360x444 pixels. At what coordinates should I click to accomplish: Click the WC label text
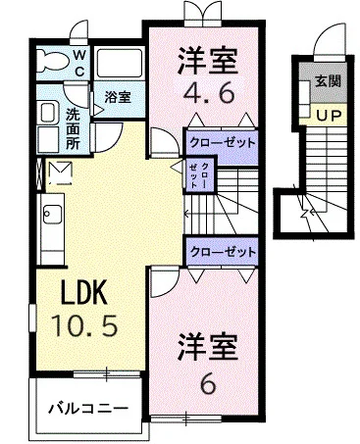click(79, 63)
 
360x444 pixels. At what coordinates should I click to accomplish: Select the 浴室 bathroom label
click(118, 97)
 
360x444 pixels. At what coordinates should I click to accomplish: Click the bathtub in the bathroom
click(120, 64)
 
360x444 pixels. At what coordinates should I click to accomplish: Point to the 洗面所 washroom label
click(73, 128)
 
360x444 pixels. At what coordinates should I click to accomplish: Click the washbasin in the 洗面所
click(48, 113)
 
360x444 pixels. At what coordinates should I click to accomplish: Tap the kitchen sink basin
click(52, 214)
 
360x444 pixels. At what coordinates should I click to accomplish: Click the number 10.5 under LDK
click(84, 325)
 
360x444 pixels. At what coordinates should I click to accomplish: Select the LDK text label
click(84, 292)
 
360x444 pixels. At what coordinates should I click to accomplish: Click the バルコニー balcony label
click(88, 409)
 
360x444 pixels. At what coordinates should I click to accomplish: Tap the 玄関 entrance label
click(328, 81)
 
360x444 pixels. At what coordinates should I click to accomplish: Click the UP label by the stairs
click(329, 115)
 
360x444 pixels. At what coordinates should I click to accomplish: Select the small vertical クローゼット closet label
click(199, 174)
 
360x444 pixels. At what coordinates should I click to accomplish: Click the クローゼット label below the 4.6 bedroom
click(222, 143)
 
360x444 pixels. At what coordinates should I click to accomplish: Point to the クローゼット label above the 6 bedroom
click(223, 252)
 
